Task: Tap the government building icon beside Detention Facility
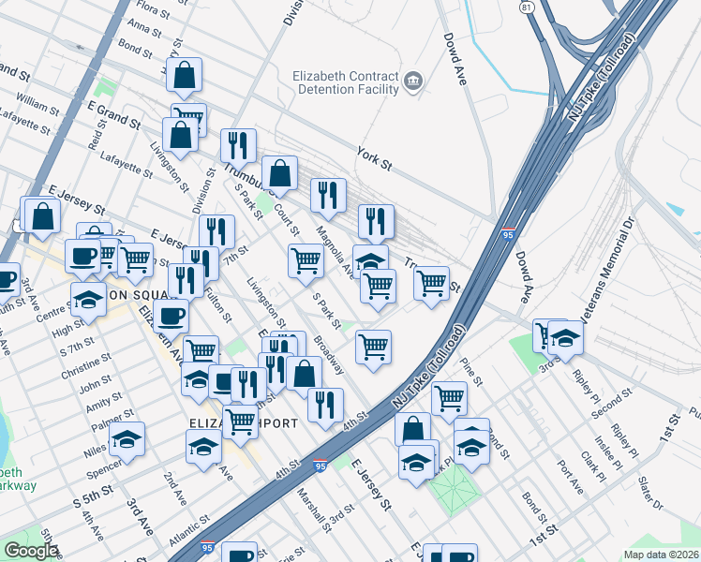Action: point(412,81)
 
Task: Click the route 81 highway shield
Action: point(529,7)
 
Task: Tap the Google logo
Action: point(30,550)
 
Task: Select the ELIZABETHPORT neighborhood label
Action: point(244,423)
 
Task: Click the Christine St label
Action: point(86,368)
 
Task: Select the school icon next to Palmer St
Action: point(127,437)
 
